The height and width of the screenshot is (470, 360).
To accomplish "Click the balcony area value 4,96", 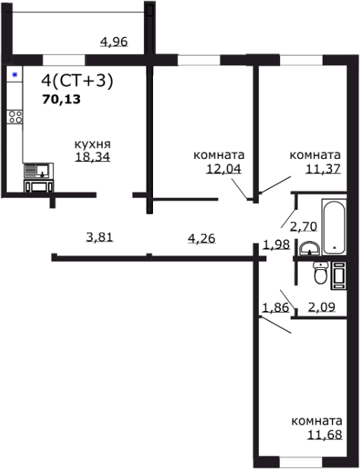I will coord(114,42).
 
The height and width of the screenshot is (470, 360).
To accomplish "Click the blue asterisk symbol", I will coord(14,75).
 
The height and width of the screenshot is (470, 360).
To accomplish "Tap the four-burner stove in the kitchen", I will coord(14,117).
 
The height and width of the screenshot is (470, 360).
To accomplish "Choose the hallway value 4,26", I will coord(201,238).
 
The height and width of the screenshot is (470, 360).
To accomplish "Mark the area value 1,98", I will coord(276,244).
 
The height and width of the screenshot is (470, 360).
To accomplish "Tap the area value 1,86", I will coord(274,307).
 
